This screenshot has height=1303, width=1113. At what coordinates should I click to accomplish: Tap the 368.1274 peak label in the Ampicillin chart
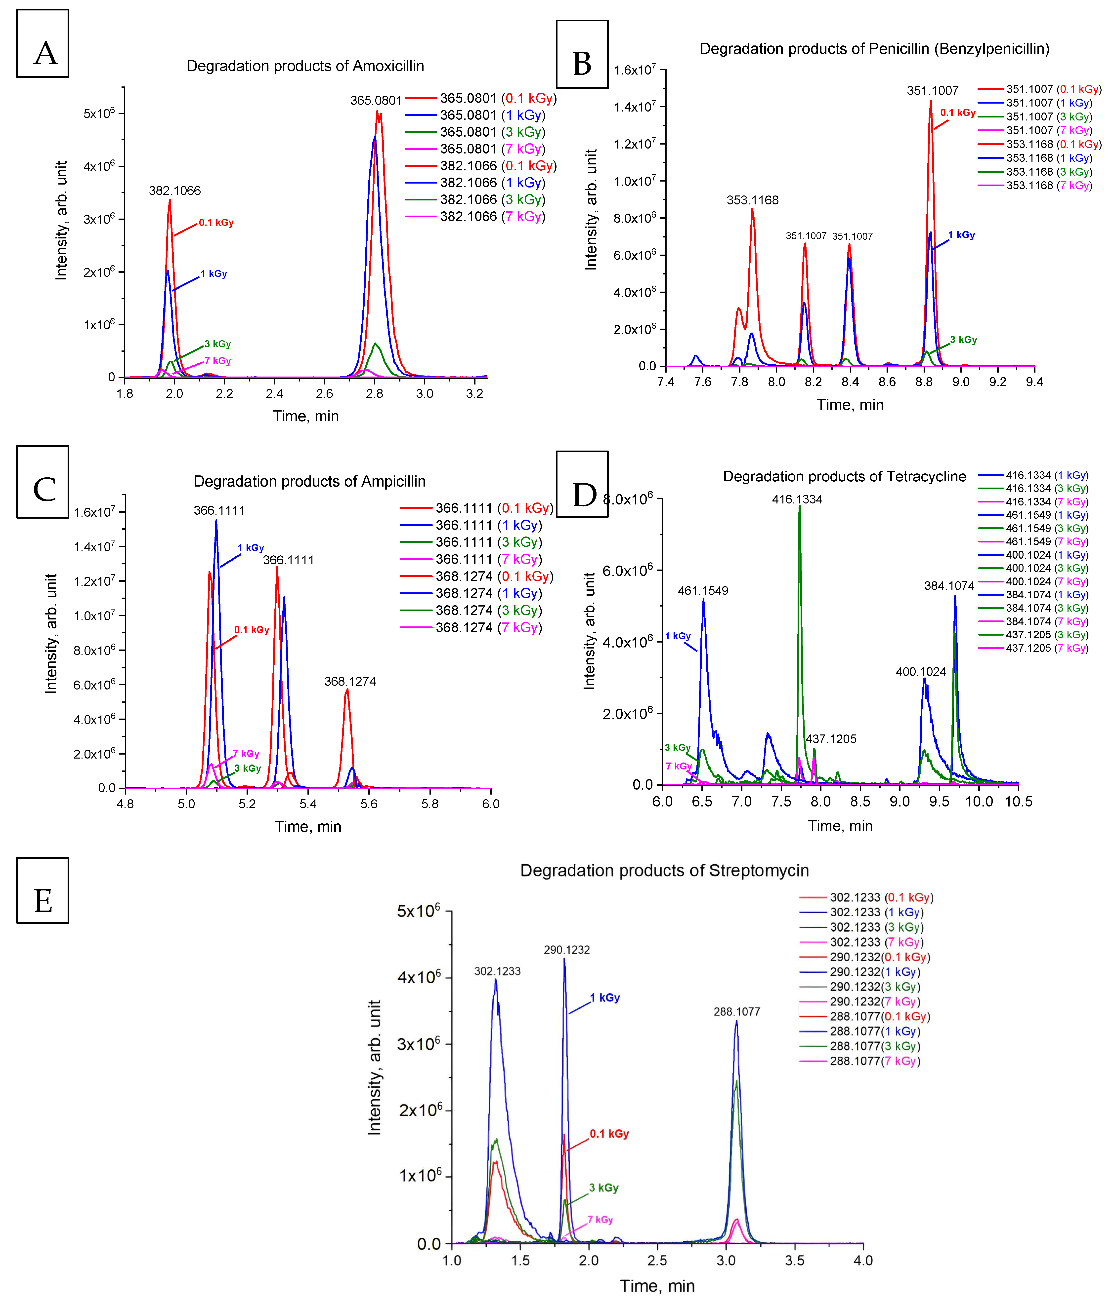pos(350,682)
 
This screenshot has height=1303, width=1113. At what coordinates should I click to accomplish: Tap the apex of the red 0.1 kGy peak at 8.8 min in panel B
pos(931,101)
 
